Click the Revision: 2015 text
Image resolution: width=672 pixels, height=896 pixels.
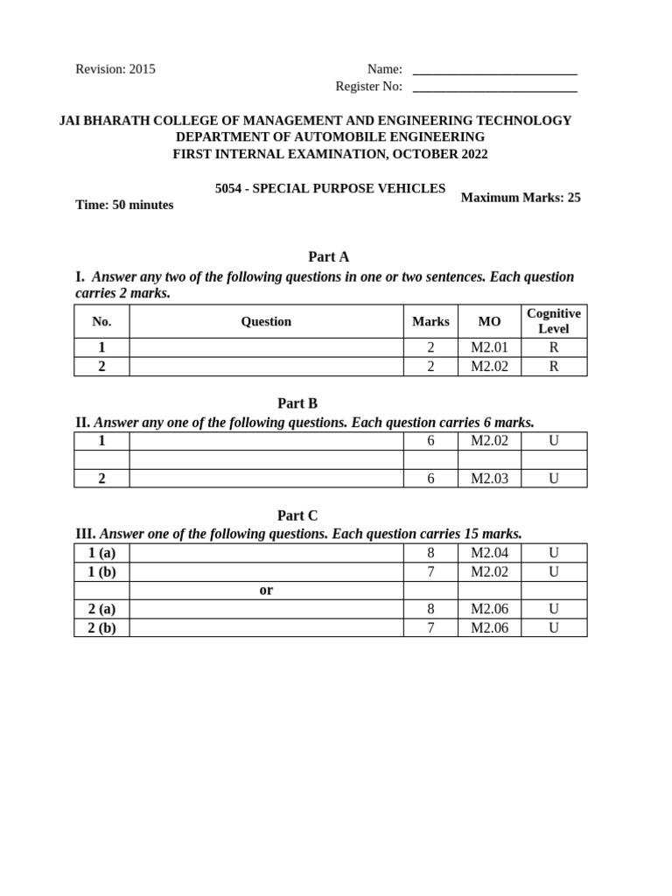point(115,69)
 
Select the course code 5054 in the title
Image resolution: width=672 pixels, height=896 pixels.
point(229,189)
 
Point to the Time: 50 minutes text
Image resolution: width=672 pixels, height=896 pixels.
point(124,205)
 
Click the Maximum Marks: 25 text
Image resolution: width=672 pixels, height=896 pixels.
point(521,198)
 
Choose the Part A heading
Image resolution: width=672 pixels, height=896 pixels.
point(328,256)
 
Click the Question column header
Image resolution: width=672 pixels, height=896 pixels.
point(266,322)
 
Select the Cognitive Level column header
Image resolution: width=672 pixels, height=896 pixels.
point(554,321)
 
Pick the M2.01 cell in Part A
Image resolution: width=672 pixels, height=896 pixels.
point(489,347)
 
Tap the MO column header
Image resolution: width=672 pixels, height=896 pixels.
point(489,322)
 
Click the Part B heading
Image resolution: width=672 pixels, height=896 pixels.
point(297,403)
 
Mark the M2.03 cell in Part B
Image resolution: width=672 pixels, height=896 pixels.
point(489,479)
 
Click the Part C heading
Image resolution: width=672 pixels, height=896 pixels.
point(297,515)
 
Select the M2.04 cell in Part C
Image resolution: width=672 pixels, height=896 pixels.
point(489,553)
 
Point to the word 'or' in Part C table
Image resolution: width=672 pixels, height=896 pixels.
point(266,591)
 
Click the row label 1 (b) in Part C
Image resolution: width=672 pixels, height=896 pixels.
point(101,571)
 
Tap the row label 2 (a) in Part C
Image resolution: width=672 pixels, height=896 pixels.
point(101,609)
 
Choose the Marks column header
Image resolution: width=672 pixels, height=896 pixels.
point(430,322)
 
